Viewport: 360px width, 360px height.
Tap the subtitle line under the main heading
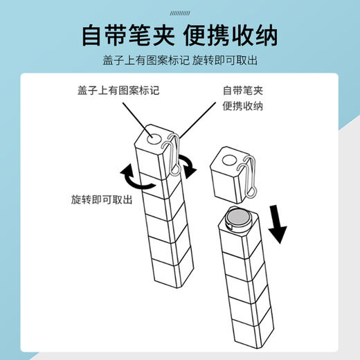(x=179, y=60)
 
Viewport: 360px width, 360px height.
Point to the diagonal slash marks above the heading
(x=179, y=10)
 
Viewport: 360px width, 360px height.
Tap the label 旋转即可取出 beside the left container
(x=101, y=199)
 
